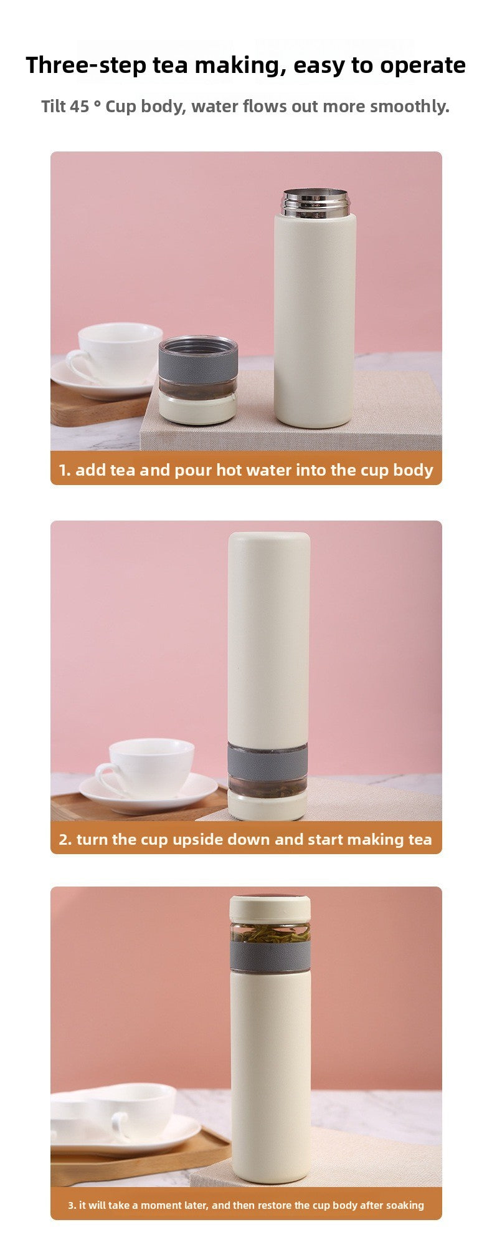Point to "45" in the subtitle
[79, 106]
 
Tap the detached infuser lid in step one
[198, 380]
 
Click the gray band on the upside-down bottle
[267, 761]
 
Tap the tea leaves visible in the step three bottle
[271, 933]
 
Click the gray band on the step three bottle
[270, 956]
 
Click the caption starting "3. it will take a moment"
[246, 1205]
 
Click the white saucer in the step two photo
[149, 792]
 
